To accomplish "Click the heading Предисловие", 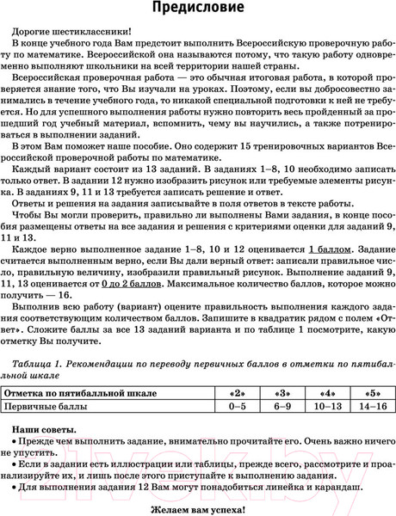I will (x=198, y=9).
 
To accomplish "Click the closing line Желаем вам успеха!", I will (x=197, y=507).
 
